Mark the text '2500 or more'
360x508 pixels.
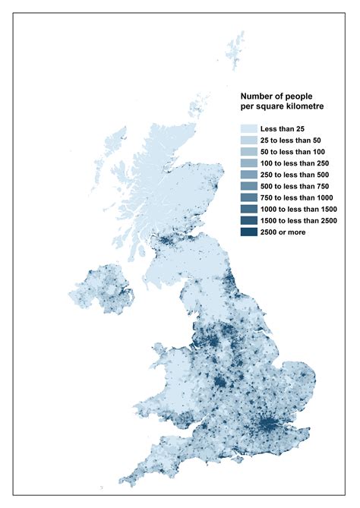[283, 232]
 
